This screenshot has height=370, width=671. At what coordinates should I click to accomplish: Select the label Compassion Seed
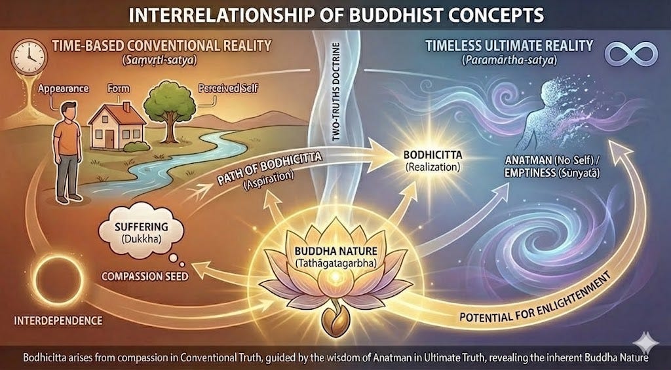[145, 277]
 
